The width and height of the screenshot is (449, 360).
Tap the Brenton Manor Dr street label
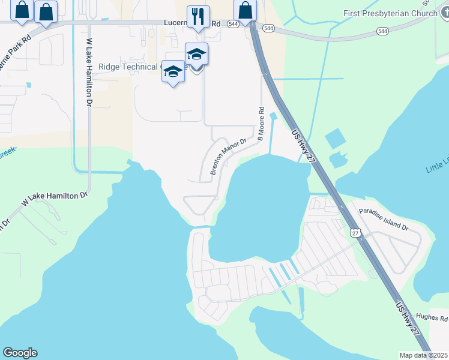tap(229, 157)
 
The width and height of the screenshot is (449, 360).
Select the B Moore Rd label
tap(261, 124)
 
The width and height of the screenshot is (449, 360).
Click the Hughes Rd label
tap(432, 319)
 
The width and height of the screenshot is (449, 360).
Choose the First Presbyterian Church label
tap(390, 13)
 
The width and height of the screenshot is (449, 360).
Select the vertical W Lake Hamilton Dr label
tap(89, 73)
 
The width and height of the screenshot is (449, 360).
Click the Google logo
tap(20, 353)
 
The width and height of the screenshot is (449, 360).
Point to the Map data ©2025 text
tap(423, 355)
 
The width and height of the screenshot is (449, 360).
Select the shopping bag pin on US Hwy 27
tap(246, 10)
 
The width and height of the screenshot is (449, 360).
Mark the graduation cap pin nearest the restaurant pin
tap(196, 55)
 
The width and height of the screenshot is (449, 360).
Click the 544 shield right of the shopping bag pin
tap(268, 28)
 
